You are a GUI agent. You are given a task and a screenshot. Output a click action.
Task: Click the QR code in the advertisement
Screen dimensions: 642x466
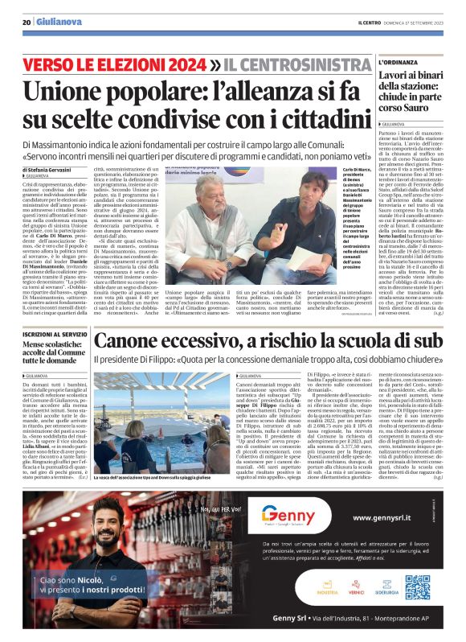click(418, 588)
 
